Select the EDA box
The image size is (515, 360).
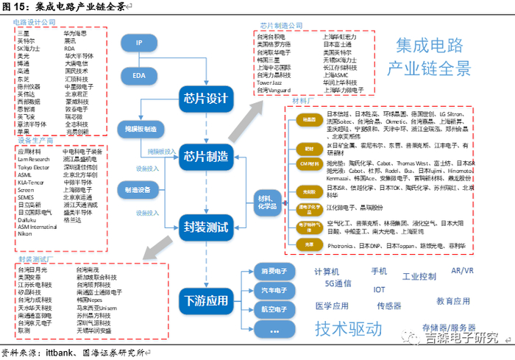point(138,75)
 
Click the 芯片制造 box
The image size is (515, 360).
point(206,156)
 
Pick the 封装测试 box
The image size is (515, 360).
point(206,227)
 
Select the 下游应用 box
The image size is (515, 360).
point(206,300)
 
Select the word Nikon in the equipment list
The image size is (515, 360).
point(24,234)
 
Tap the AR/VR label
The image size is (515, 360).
point(462,271)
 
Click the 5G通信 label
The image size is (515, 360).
point(338,283)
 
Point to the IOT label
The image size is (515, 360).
point(379,289)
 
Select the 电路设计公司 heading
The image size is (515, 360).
point(35,23)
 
